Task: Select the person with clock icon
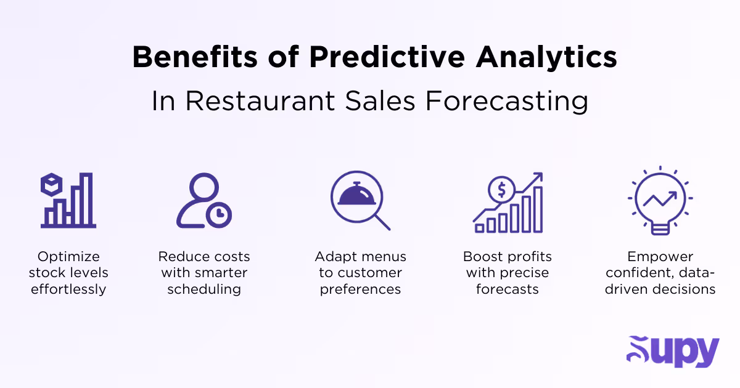pyautogui.click(x=203, y=201)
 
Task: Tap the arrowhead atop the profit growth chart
pyautogui.click(x=537, y=177)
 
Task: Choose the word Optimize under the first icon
pyautogui.click(x=68, y=257)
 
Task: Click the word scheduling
pyautogui.click(x=203, y=289)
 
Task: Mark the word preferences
pyautogui.click(x=360, y=289)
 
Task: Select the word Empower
pyautogui.click(x=660, y=257)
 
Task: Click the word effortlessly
pyautogui.click(x=68, y=289)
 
